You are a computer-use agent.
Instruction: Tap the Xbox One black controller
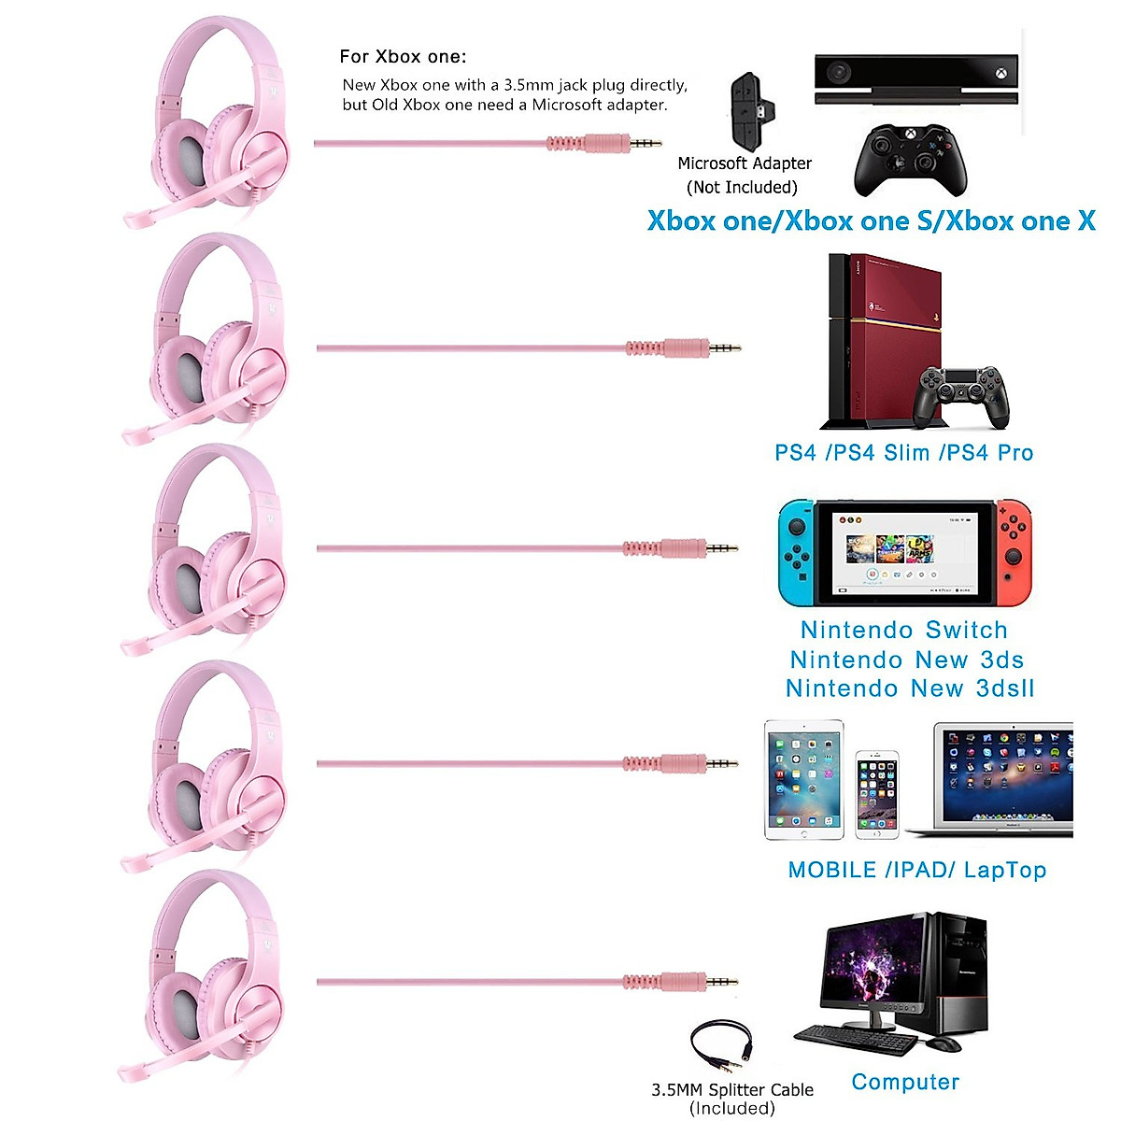point(909,161)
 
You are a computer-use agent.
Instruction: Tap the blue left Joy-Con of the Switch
point(794,552)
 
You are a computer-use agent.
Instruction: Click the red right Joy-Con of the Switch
point(1014,552)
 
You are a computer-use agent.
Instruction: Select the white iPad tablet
point(802,780)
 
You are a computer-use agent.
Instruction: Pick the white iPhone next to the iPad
point(876,793)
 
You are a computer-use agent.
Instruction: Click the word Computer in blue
point(905,1082)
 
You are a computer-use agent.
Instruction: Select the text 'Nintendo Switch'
point(903,631)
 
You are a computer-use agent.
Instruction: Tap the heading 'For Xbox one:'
point(403,57)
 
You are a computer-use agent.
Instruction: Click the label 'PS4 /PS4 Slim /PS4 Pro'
point(903,453)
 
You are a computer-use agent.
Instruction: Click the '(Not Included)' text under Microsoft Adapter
point(742,187)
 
